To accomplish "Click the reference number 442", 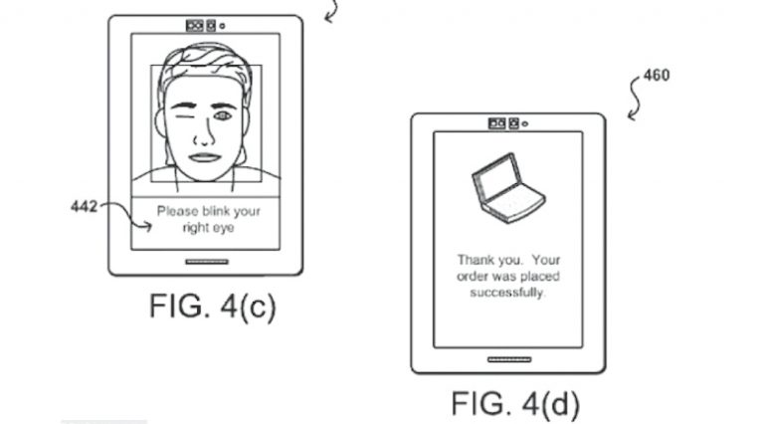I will [84, 206].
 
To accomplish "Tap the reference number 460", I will [657, 75].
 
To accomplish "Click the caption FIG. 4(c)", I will [212, 306].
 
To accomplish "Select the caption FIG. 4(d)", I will [514, 404].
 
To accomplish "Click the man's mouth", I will [204, 156].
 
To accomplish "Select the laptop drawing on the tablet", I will [506, 190].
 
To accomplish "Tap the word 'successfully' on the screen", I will [507, 294].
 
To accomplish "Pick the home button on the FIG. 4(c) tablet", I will [206, 261].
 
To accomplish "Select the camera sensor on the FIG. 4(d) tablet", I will [504, 123].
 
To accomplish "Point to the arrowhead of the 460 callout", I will [631, 118].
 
